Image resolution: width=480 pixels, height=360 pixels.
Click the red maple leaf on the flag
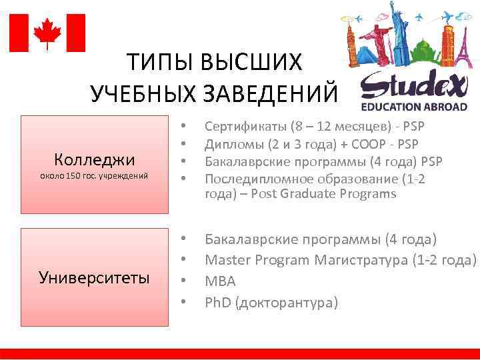(47, 33)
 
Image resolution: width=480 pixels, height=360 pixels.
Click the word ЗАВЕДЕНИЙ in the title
(280, 94)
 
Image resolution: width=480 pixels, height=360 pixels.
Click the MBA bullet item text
(220, 281)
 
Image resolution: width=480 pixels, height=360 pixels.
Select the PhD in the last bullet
(217, 303)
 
